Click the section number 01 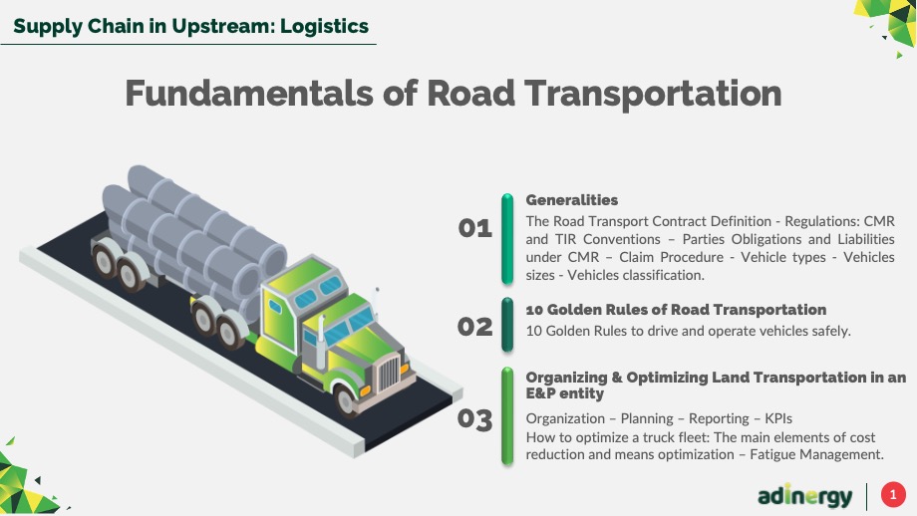474,228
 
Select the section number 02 474,327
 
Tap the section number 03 474,419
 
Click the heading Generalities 571,200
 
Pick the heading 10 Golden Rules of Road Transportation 676,309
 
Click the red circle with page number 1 893,495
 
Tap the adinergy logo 804,495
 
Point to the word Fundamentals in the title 249,93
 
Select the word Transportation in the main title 653,94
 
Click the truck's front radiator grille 388,374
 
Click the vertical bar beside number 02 507,325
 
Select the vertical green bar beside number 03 507,416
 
